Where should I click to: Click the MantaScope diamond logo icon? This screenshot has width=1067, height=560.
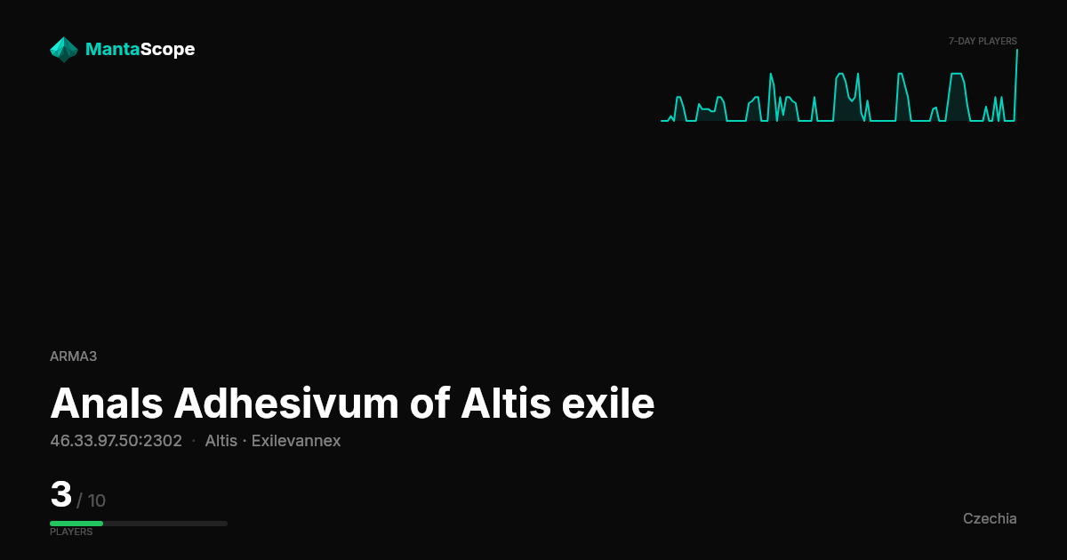click(64, 50)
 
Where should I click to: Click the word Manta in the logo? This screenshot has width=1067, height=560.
click(112, 49)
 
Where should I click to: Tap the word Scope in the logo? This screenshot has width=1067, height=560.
click(168, 50)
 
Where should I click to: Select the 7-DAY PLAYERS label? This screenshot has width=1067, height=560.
click(983, 41)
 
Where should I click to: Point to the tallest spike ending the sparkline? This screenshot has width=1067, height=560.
click(1017, 50)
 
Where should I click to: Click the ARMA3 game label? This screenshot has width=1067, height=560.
click(73, 356)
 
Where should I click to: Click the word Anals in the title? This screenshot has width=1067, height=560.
click(107, 404)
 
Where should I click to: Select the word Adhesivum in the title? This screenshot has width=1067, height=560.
click(285, 404)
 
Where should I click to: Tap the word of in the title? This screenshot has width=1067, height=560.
click(429, 404)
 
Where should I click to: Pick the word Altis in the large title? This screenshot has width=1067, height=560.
click(505, 404)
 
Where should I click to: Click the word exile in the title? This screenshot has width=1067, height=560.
click(608, 404)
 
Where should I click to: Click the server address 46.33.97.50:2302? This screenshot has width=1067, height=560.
click(116, 441)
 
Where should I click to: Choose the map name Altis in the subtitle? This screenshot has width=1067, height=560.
click(221, 441)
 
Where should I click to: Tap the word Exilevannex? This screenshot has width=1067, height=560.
click(296, 441)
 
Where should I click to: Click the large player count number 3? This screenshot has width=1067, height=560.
click(61, 494)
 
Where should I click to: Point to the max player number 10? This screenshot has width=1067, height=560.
click(96, 500)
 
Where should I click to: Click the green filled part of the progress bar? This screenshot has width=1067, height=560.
click(76, 524)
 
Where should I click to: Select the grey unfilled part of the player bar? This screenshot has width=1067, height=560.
click(165, 524)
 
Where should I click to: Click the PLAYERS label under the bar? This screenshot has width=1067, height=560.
click(71, 532)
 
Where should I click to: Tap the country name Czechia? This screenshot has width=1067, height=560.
click(990, 518)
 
